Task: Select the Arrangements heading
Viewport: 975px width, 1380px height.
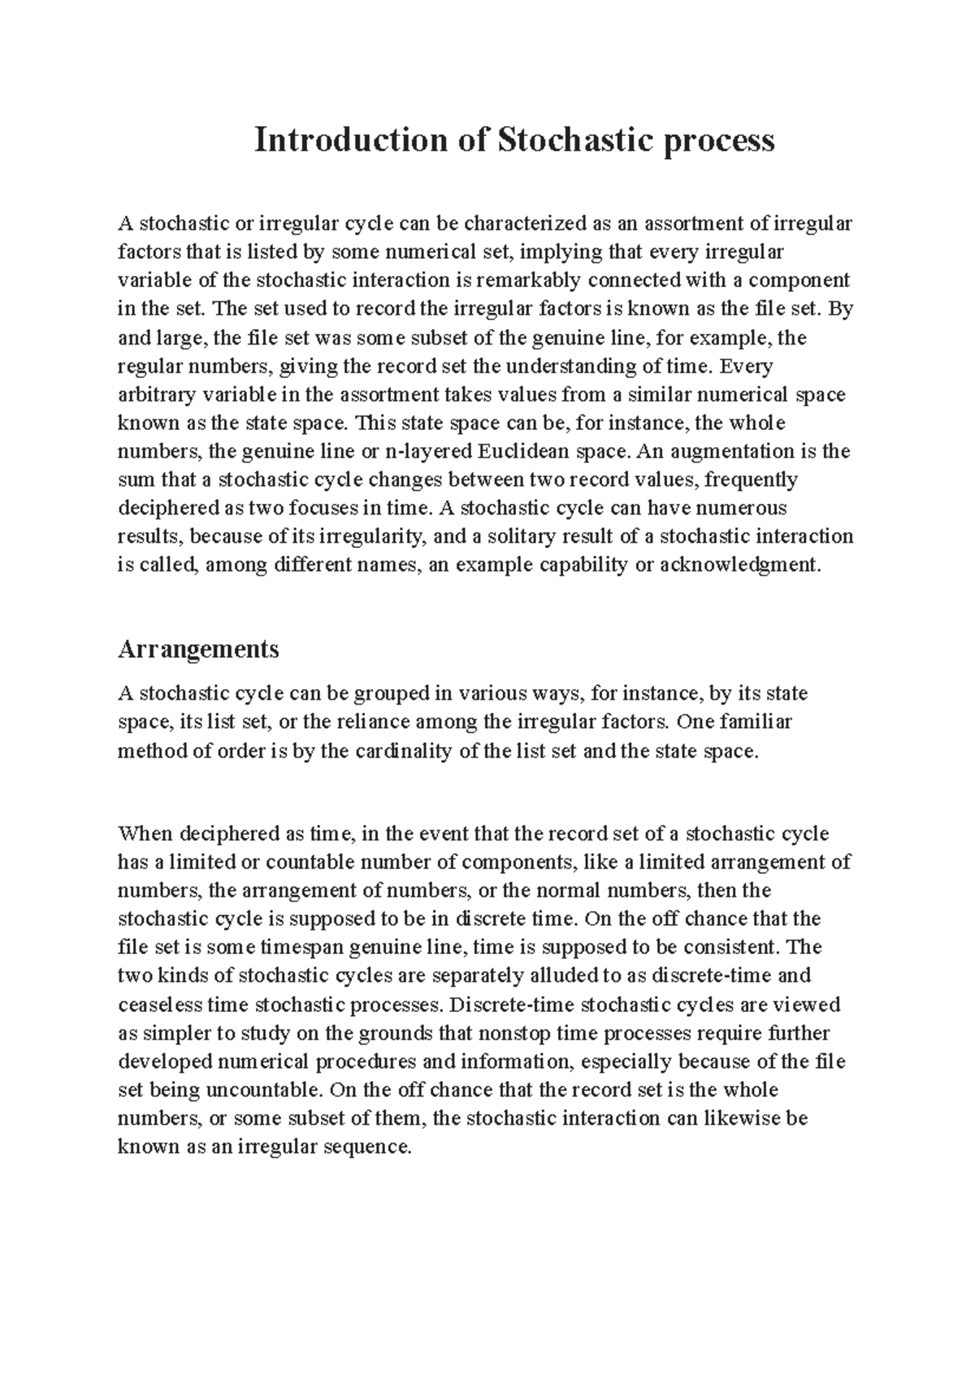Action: point(198,649)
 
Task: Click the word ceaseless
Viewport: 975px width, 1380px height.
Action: point(160,1005)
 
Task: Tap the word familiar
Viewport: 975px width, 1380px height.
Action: point(758,722)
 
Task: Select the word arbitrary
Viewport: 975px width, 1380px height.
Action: point(157,395)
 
